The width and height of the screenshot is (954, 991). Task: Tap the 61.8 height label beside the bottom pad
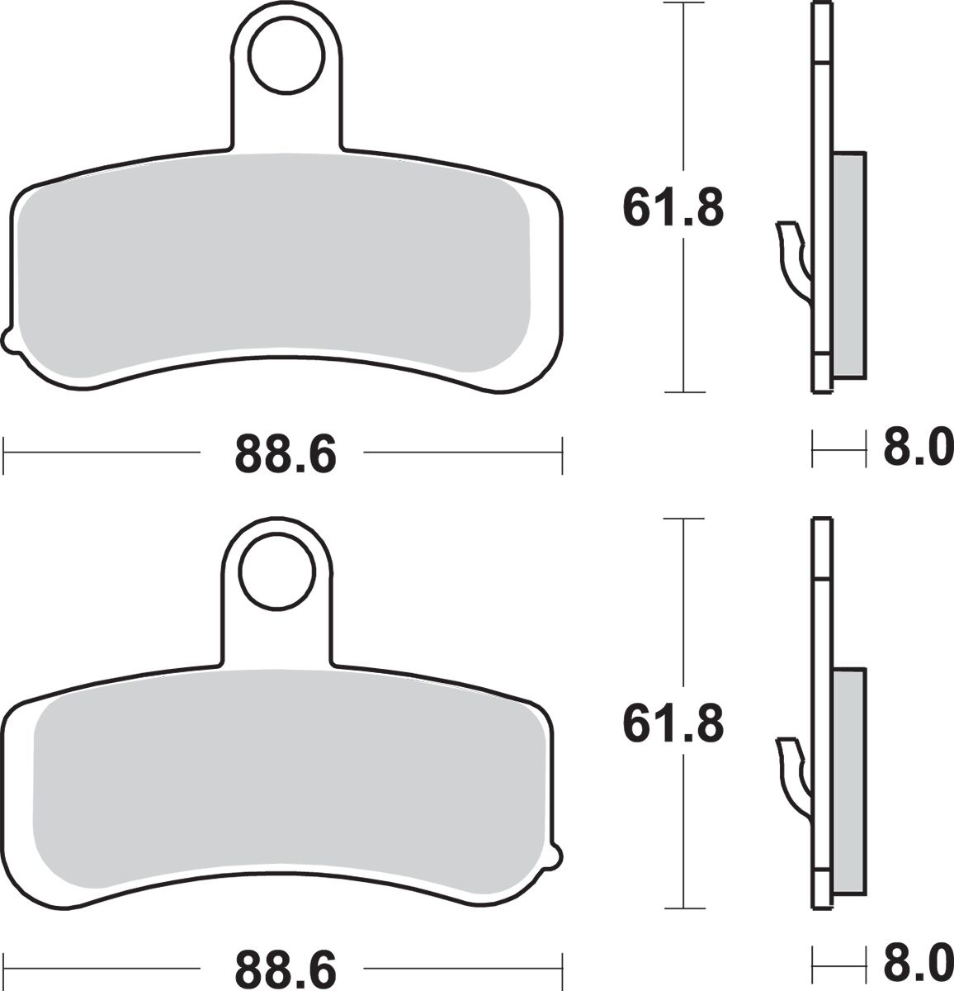coord(673,724)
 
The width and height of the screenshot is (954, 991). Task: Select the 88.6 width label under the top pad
coord(286,453)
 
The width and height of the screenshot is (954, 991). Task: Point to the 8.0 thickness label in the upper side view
coord(917,452)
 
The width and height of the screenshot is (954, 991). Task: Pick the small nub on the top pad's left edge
coord(8,339)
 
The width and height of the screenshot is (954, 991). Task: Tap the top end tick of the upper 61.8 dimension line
coord(684,4)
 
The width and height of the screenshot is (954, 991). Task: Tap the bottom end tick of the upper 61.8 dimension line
coord(684,391)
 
